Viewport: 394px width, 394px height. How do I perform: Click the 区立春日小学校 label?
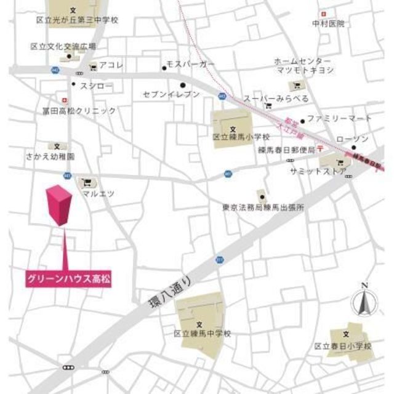coord(343,347)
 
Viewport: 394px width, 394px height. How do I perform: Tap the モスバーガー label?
coord(193,65)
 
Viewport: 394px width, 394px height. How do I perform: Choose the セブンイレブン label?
coord(171,94)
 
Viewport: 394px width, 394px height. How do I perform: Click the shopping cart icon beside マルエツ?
coord(86,182)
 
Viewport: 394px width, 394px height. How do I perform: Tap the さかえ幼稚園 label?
coord(51,157)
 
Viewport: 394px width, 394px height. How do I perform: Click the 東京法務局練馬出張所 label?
coord(263,207)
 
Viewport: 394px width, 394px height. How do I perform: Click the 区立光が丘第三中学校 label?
coord(76,20)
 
